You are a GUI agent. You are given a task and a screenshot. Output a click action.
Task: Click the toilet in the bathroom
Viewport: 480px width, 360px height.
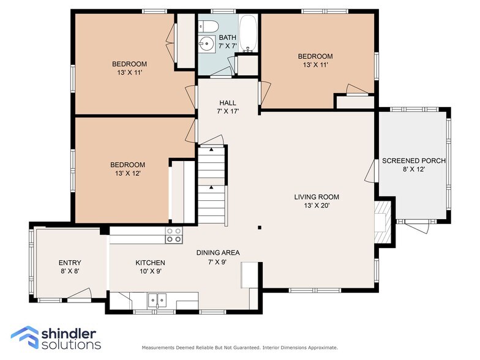click(x=208, y=26)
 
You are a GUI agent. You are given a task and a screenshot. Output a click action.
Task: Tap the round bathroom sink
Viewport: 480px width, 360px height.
click(x=206, y=44)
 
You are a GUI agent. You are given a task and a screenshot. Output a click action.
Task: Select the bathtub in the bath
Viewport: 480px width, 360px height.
click(x=248, y=33)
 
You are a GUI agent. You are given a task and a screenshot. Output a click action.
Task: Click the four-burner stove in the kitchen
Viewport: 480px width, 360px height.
click(x=174, y=235)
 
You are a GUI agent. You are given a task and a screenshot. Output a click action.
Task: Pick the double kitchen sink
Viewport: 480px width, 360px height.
click(x=157, y=300)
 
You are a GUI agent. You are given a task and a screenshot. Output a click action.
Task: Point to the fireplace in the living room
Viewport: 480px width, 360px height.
click(x=383, y=222)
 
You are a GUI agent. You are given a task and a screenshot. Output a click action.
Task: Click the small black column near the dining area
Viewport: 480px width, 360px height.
click(x=260, y=228)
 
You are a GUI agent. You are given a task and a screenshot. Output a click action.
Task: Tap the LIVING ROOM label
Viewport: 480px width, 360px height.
click(x=317, y=197)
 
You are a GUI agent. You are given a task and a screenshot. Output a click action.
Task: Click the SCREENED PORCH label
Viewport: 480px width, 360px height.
click(x=414, y=160)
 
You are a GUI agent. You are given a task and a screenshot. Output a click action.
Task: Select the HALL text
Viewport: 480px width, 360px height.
click(x=228, y=103)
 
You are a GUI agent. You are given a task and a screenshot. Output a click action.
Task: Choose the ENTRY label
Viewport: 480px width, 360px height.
click(x=70, y=263)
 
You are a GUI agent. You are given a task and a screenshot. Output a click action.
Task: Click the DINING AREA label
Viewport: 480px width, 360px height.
click(x=218, y=252)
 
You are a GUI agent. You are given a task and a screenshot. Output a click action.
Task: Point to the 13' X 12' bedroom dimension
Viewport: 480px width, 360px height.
click(x=127, y=173)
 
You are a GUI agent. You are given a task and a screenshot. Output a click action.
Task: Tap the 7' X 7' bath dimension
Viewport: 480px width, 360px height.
click(x=228, y=46)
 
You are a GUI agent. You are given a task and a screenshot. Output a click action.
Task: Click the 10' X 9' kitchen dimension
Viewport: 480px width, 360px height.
click(x=151, y=271)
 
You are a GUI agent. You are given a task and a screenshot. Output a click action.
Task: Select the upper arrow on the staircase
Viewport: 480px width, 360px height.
click(x=211, y=149)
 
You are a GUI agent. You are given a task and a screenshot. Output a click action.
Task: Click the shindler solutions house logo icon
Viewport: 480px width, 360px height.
click(x=25, y=337)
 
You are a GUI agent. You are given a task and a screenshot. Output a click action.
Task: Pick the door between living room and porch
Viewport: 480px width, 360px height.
click(x=370, y=171)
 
